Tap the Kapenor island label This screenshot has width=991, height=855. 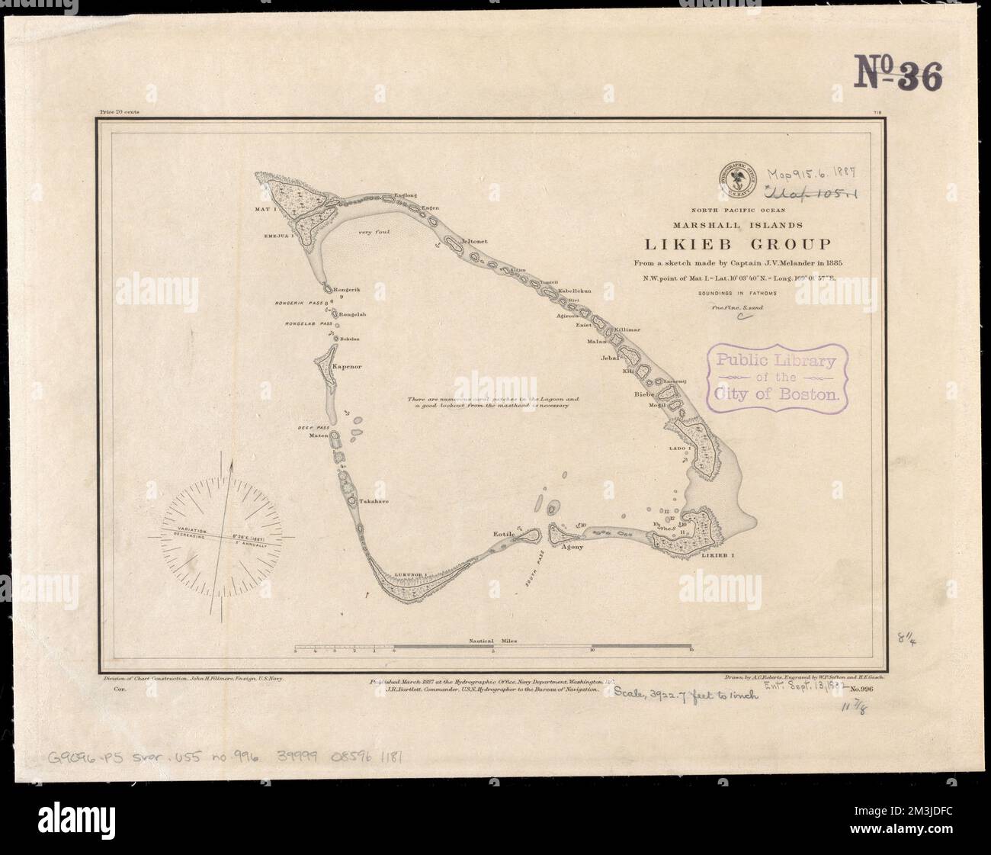click(344, 367)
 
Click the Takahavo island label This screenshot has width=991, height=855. click(374, 501)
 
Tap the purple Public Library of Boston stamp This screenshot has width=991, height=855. click(778, 379)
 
